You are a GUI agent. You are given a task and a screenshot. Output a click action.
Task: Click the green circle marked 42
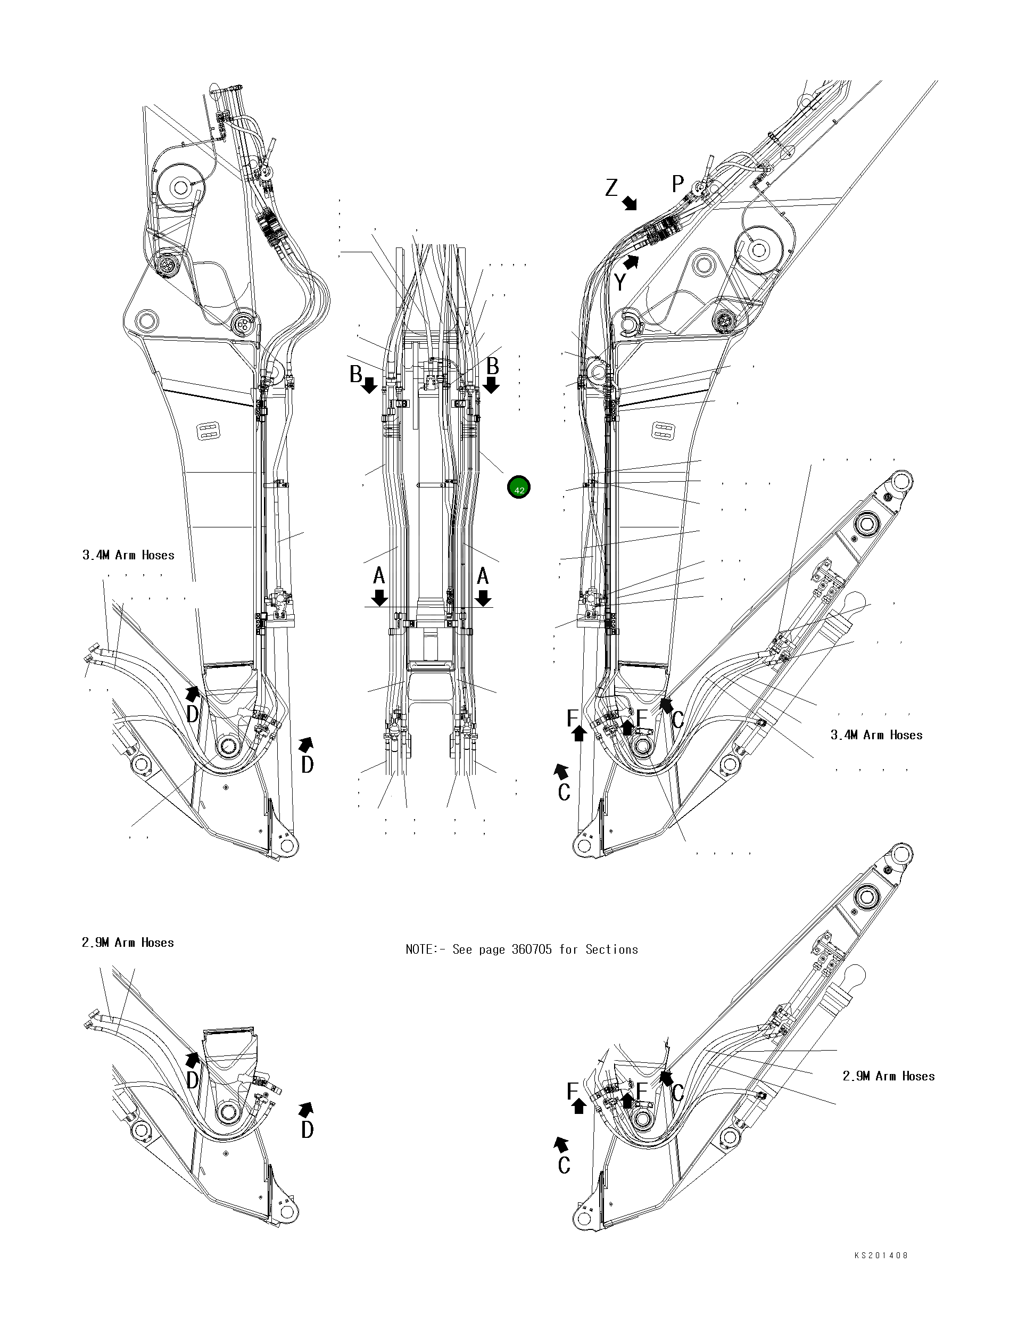pos(519,487)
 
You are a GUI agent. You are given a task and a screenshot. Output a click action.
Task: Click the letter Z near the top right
pos(611,188)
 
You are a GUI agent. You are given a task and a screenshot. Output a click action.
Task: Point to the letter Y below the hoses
pos(620,283)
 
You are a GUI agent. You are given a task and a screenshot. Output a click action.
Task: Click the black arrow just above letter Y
pos(632,262)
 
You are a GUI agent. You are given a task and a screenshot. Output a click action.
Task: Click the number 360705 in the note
pos(532,949)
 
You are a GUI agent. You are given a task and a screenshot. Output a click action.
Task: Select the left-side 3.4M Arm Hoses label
pos(128,555)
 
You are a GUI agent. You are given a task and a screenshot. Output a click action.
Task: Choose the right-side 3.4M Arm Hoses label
pos(876,735)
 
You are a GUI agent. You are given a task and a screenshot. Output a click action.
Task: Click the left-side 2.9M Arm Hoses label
pos(128,943)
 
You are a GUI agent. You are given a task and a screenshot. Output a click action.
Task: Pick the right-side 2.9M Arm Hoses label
pos(888,1076)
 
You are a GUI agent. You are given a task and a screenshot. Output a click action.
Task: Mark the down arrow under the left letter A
pos(380,598)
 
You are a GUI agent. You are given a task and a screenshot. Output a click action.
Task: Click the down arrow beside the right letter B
pos(491,385)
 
